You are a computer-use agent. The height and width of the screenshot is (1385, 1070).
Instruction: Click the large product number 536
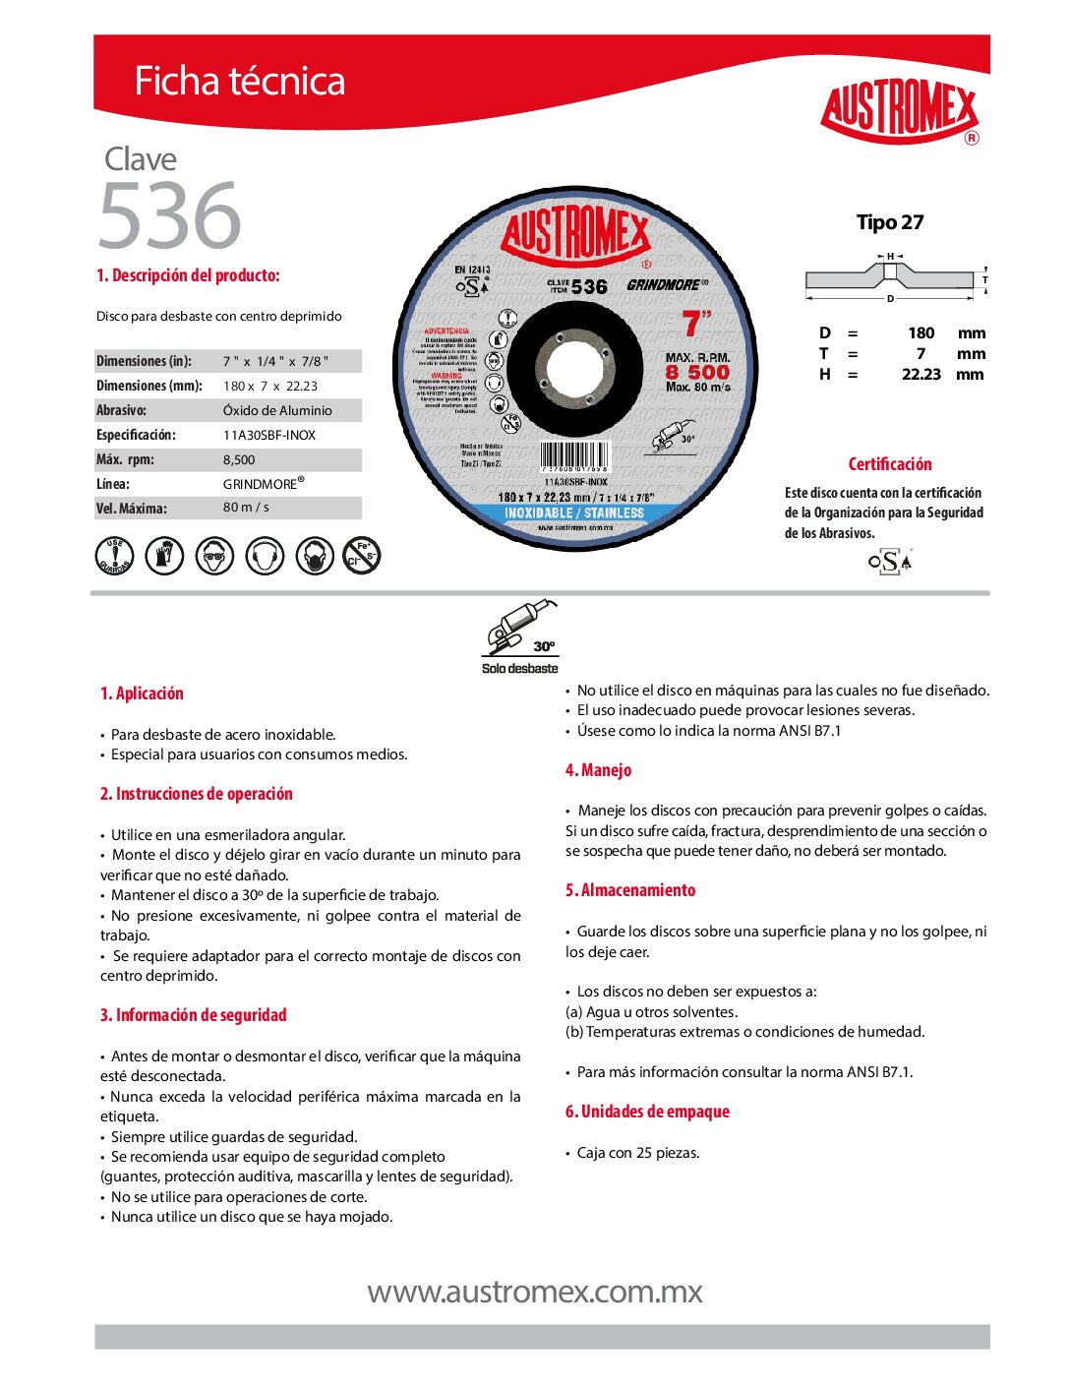[169, 215]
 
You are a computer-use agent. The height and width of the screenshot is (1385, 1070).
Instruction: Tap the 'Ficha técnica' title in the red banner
[239, 81]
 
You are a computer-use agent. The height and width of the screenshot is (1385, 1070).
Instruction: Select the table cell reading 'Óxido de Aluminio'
[277, 410]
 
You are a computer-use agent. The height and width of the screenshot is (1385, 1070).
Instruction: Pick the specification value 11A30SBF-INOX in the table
[269, 435]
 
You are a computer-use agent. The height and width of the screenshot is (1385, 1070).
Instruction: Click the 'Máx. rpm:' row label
[125, 459]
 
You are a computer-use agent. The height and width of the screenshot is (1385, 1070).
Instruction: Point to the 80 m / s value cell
[246, 508]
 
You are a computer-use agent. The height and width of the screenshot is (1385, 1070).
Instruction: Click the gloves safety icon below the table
[164, 556]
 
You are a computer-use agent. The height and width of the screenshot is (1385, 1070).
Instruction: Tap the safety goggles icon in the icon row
[214, 556]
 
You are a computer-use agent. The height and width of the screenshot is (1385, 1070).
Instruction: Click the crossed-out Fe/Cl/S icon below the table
[362, 556]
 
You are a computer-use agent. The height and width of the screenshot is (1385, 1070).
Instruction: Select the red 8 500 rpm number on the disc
[697, 372]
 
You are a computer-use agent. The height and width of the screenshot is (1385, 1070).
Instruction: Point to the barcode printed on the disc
[574, 457]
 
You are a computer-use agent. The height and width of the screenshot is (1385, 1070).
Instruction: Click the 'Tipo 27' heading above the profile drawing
[890, 222]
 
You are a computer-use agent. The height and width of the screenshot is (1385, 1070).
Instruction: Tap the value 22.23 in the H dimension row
[921, 374]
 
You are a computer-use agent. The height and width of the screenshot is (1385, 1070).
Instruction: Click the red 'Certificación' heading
[890, 464]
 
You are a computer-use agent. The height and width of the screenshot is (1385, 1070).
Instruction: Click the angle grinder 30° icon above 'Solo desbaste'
[520, 629]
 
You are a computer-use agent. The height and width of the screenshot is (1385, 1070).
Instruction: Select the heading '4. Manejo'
[598, 770]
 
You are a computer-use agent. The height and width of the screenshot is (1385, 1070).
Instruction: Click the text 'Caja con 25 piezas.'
[638, 1153]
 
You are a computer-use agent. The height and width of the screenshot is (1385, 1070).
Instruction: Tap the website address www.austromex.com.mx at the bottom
[535, 1292]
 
